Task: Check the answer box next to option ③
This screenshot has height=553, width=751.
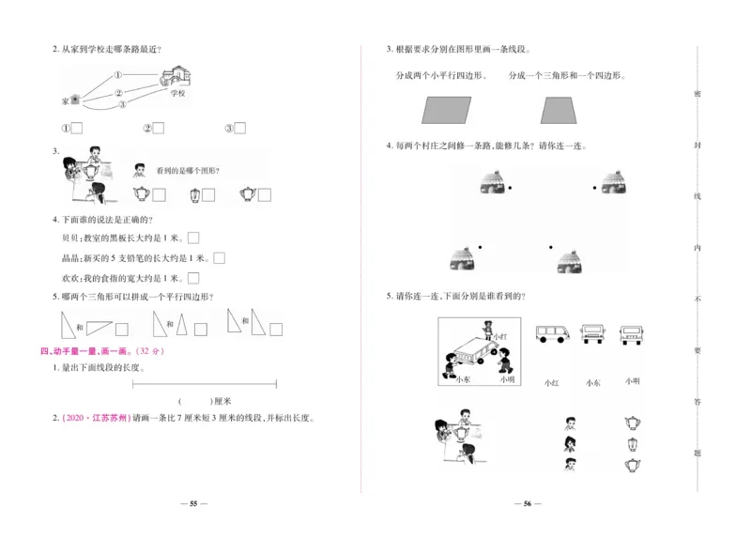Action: [239, 129]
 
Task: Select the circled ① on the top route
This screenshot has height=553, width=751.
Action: [119, 76]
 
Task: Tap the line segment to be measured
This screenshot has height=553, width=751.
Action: [205, 382]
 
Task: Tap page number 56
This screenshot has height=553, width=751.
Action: [528, 504]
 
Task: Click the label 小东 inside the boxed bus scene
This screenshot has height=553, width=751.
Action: [463, 380]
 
